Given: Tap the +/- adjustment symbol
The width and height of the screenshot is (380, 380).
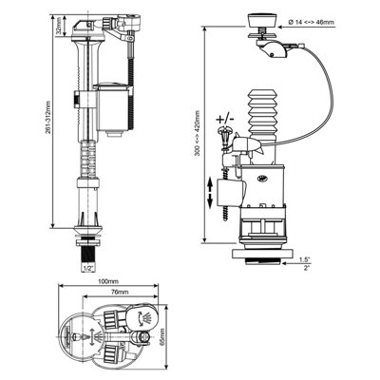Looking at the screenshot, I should [x=227, y=117].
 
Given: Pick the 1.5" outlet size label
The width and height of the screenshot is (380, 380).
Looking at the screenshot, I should [x=330, y=260].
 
